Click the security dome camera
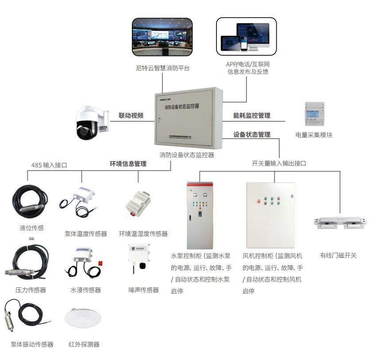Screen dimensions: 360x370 tap(91, 122)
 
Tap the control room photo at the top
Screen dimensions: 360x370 tap(162, 37)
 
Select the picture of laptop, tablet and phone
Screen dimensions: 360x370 tap(246, 37)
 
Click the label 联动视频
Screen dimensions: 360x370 tap(131, 116)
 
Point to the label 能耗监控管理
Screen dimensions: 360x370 tap(252, 116)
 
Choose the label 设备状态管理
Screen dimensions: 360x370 tap(252, 135)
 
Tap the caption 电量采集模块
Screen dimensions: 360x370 tap(314, 135)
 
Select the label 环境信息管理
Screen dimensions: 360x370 tap(128, 164)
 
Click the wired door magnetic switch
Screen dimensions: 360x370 tap(340, 223)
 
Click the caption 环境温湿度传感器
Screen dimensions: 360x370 tap(143, 234)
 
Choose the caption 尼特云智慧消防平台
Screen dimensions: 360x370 tap(162, 68)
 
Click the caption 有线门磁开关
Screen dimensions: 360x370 tap(338, 255)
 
